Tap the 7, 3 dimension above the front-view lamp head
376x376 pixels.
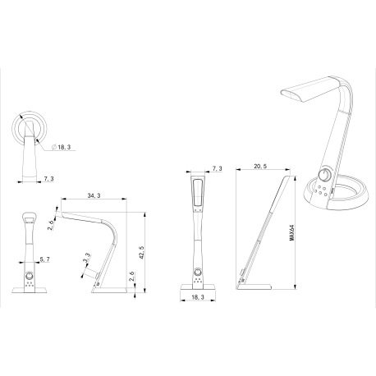click(x=216, y=168)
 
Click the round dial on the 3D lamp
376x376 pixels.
click(x=326, y=177)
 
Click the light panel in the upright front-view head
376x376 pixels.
click(x=196, y=195)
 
